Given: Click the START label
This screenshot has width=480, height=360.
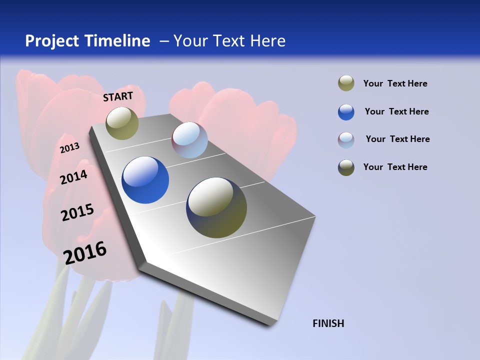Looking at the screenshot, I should [x=118, y=96].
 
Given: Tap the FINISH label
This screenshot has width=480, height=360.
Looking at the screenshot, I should [x=328, y=323].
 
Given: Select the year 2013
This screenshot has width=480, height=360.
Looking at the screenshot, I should [x=70, y=147].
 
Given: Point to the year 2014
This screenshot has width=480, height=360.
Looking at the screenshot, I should [x=73, y=177].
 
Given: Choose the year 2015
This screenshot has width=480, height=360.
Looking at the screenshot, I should [x=77, y=212].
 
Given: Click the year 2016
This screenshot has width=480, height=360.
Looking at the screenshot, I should [x=85, y=252].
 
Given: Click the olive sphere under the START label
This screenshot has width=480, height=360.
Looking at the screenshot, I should [x=122, y=123].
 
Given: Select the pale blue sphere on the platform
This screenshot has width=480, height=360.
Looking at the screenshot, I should [x=189, y=140].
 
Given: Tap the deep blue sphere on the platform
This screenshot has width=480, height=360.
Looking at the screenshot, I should [x=145, y=180].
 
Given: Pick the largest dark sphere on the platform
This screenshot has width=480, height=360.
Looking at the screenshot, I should [x=216, y=207].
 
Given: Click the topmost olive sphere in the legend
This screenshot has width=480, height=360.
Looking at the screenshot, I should [x=346, y=83].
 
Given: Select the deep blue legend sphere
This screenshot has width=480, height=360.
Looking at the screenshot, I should [x=346, y=112].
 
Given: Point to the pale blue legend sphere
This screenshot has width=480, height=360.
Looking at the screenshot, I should [x=346, y=139].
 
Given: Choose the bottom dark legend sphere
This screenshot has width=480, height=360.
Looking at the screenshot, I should [x=346, y=167].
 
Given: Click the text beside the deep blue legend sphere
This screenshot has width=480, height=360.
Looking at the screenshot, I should [x=396, y=111].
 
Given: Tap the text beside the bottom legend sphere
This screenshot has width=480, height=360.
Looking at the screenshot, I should [x=395, y=167].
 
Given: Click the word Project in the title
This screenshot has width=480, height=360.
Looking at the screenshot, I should [x=52, y=41].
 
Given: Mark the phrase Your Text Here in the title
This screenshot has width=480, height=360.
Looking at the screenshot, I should [x=229, y=41].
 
